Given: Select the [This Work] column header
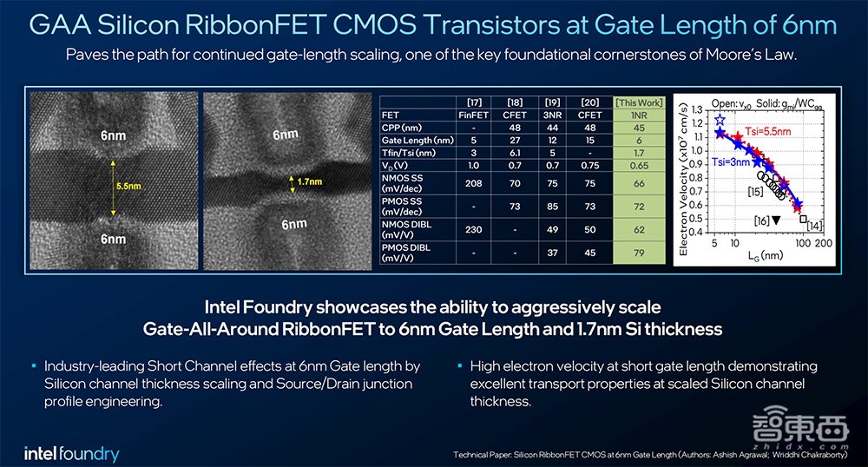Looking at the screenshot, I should [x=638, y=102].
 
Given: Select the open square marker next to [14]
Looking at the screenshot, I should [x=803, y=218].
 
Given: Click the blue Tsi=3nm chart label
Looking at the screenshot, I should [x=731, y=161].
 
